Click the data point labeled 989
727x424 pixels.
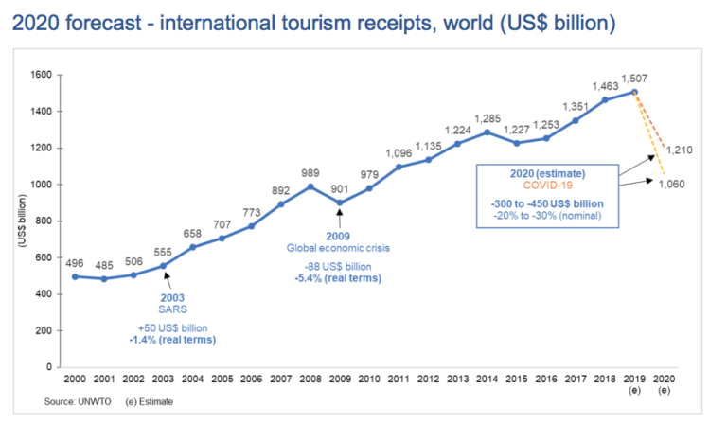310,186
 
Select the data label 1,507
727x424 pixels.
635,78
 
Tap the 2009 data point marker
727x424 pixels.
339,203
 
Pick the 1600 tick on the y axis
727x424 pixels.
40,75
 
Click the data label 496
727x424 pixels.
75,263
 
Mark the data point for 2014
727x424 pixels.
486,132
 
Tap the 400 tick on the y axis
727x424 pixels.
40,294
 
